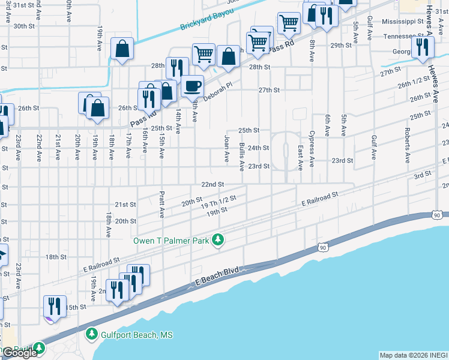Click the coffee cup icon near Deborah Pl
[x=193, y=86]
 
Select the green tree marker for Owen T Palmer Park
[x=220, y=240]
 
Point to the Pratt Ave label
[x=162, y=205]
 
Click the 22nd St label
[x=212, y=184]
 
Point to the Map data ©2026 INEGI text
[x=413, y=355]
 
